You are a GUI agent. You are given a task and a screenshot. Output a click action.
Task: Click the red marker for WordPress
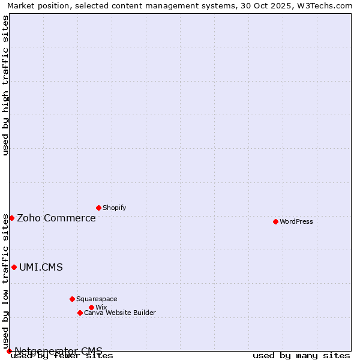[x=275, y=221]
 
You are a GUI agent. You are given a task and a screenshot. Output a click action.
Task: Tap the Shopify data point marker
[x=98, y=208]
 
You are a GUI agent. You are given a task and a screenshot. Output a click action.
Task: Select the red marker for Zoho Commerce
[x=11, y=218]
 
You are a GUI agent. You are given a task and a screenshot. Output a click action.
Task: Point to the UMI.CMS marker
[x=14, y=267]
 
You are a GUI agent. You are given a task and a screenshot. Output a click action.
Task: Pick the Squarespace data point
[x=72, y=299]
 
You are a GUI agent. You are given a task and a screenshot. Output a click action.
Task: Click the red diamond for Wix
[x=91, y=307]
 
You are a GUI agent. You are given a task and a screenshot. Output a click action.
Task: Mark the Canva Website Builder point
[x=80, y=313]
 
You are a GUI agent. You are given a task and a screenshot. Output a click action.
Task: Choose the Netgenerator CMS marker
[x=9, y=351]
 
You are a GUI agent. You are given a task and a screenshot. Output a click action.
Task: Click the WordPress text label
[x=296, y=221]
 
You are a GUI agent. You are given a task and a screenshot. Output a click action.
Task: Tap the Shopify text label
[x=114, y=208]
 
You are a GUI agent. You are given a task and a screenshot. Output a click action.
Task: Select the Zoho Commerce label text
[x=56, y=218]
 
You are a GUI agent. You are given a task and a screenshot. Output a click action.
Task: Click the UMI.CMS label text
[x=41, y=267]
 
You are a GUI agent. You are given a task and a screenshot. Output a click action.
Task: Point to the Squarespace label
[x=97, y=299]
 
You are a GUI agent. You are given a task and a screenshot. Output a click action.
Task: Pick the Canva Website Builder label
[x=120, y=313]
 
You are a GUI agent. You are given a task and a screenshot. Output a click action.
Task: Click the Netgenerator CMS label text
[x=58, y=351]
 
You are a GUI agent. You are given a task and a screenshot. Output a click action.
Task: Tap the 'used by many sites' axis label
[x=301, y=356]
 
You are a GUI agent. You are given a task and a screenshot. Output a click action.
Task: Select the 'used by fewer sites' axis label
[x=62, y=356]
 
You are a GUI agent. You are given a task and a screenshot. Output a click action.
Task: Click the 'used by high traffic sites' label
[x=5, y=85]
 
